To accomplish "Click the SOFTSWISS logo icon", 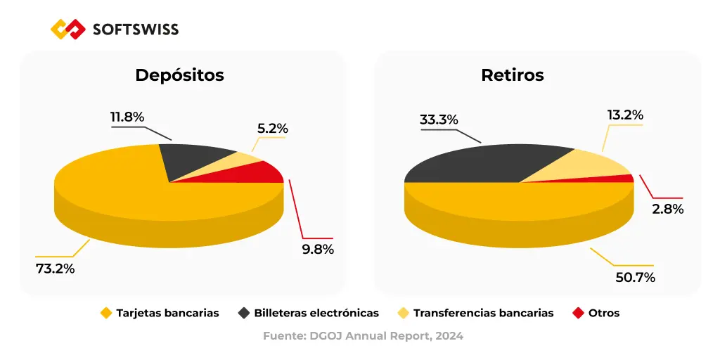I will [x=68, y=29].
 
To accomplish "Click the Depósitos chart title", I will [x=179, y=75].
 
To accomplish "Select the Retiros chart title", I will [x=513, y=75].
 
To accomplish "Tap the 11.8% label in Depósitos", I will [x=127, y=117].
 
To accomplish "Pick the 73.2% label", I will [x=56, y=268].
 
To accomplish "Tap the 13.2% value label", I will [x=625, y=115].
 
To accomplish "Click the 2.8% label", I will [x=667, y=209].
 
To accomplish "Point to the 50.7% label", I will [x=636, y=277].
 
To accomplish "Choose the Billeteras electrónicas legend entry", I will [x=316, y=313].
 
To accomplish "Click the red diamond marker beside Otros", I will [x=579, y=313].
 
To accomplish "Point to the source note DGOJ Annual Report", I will [x=363, y=336].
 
